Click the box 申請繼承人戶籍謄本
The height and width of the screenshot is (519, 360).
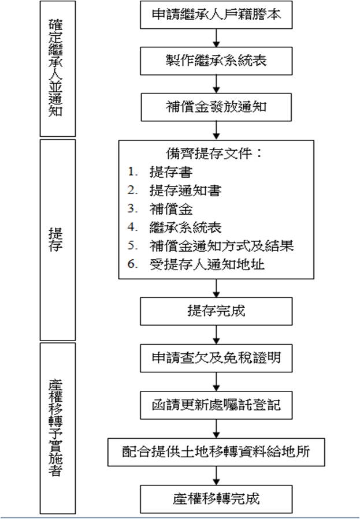[x=216, y=15]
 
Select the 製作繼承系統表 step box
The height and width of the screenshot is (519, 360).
[x=216, y=61]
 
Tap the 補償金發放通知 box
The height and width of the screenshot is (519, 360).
[x=216, y=107]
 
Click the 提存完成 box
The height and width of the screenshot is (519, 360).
[x=216, y=311]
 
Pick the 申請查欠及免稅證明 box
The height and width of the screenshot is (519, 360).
[x=216, y=358]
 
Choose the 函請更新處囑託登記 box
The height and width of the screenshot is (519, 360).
[x=216, y=405]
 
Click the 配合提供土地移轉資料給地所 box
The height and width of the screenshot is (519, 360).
[x=216, y=452]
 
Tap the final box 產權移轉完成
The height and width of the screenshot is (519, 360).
[x=216, y=499]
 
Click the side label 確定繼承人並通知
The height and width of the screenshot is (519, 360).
[x=55, y=68]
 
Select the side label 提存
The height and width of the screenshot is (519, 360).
[x=55, y=240]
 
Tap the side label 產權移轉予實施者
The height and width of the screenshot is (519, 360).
[x=55, y=428]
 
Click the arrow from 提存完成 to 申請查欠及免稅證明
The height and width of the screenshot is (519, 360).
[x=216, y=335]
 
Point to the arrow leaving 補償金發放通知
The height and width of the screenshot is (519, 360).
[x=216, y=130]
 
